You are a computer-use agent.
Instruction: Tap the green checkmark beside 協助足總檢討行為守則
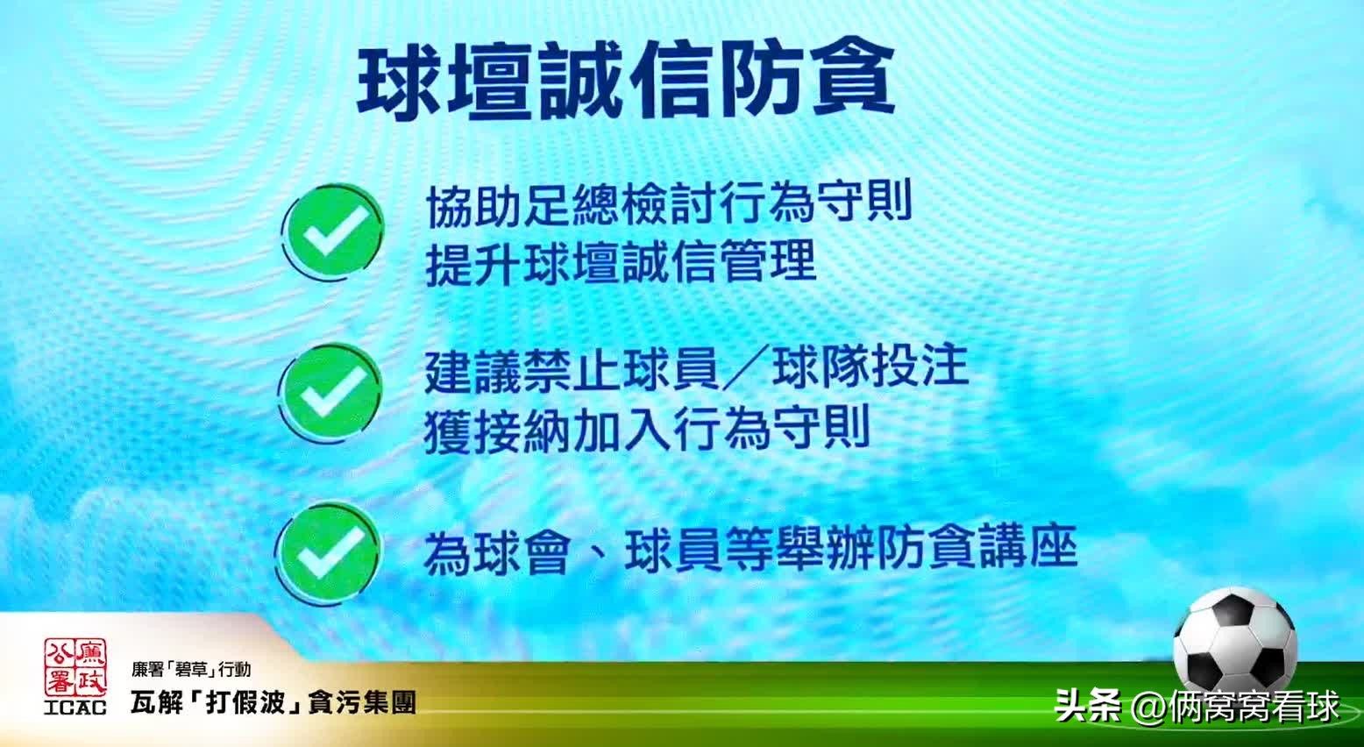pyautogui.click(x=331, y=232)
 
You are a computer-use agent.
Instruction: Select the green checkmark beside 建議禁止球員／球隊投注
pyautogui.click(x=331, y=392)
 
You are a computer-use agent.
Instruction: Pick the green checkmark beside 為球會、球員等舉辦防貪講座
pyautogui.click(x=330, y=550)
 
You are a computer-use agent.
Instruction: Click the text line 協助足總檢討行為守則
pyautogui.click(x=670, y=204)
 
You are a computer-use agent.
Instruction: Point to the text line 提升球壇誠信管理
pyautogui.click(x=621, y=262)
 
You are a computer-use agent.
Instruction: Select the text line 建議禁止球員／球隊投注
pyautogui.click(x=696, y=368)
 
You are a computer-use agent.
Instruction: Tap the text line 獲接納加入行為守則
pyautogui.click(x=646, y=429)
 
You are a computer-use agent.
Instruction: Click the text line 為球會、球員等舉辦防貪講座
pyautogui.click(x=749, y=551)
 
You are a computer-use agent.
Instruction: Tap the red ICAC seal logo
pyautogui.click(x=75, y=667)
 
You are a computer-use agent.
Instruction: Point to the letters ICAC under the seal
pyautogui.click(x=75, y=707)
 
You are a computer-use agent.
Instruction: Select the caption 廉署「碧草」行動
pyautogui.click(x=191, y=671)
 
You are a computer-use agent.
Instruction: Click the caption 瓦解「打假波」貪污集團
pyautogui.click(x=273, y=702)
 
